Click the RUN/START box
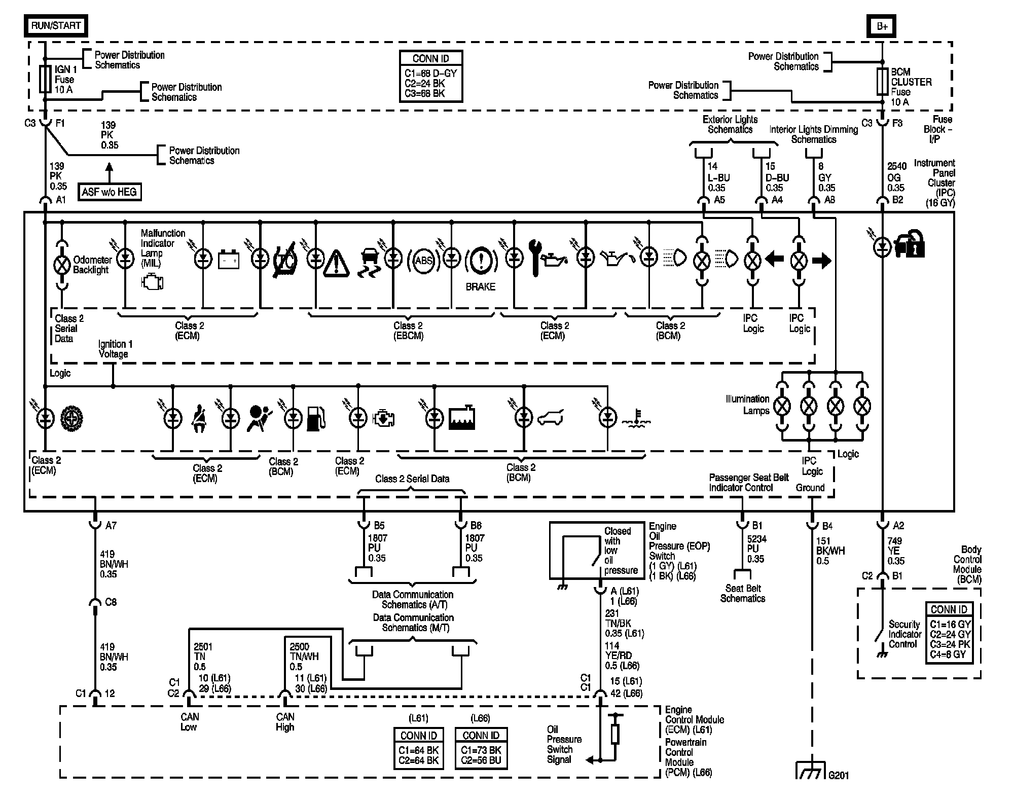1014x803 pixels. pyautogui.click(x=56, y=25)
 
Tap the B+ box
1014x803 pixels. pyautogui.click(x=883, y=26)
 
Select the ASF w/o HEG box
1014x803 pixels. pyautogui.click(x=110, y=192)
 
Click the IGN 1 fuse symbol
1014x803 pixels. pyautogui.click(x=45, y=80)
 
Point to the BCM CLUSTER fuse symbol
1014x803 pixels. pyautogui.click(x=883, y=82)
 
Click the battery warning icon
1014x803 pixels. pyautogui.click(x=229, y=260)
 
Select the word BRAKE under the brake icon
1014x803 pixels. pyautogui.click(x=480, y=287)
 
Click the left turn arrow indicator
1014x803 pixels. pyautogui.click(x=775, y=260)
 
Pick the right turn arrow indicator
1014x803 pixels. pyautogui.click(x=821, y=261)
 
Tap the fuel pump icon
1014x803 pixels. pyautogui.click(x=316, y=418)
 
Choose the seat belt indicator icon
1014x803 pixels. pyautogui.click(x=199, y=420)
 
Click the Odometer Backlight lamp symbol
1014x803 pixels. pyautogui.click(x=62, y=264)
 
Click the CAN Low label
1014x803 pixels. pyautogui.click(x=189, y=722)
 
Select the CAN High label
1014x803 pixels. pyautogui.click(x=285, y=722)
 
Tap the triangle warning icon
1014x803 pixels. pyautogui.click(x=336, y=263)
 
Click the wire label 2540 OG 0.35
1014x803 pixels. pyautogui.click(x=896, y=177)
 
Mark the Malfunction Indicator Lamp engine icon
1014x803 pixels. pyautogui.click(x=152, y=282)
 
